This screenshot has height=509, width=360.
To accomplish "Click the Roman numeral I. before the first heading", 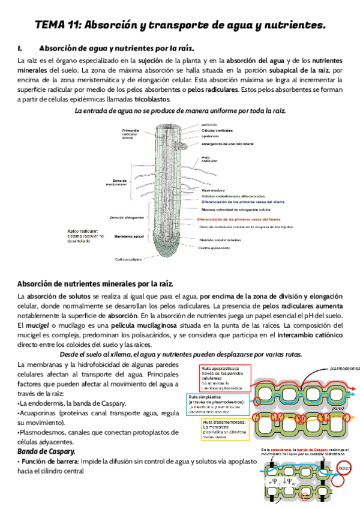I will point(20,47).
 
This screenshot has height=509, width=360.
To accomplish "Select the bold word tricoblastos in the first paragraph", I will point(152,99).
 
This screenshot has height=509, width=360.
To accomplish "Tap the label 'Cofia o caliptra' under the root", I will point(128,259).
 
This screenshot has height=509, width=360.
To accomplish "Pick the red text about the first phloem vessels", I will point(243,219).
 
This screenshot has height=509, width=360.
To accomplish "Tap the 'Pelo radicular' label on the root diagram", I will point(209,159).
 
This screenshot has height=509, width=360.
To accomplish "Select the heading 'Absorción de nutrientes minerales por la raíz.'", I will point(95,283).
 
